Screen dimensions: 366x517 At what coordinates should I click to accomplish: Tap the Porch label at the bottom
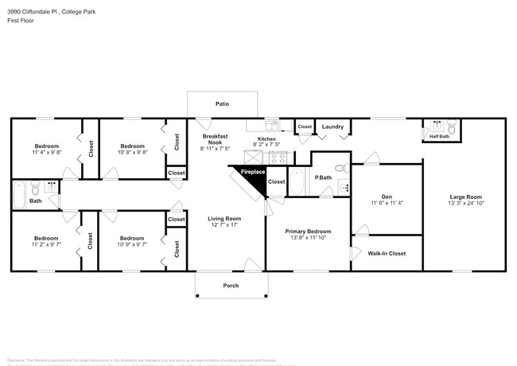point(231,285)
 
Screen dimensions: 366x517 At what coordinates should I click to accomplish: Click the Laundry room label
point(332,127)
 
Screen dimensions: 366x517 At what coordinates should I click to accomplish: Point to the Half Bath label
point(439,137)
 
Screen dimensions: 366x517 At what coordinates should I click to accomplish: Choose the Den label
point(387,197)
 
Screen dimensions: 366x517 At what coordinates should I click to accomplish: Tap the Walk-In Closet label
point(387,253)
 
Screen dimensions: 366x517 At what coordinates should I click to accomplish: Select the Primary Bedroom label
point(308,232)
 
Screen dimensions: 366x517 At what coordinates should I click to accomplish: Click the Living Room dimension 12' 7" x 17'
point(224,225)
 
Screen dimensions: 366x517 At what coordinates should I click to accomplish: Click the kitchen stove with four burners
point(278,157)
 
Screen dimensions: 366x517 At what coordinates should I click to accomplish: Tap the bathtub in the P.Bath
point(297,181)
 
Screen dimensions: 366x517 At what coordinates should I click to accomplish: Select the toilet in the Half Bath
point(451,127)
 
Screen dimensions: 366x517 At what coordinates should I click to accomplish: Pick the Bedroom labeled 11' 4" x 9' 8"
point(46,149)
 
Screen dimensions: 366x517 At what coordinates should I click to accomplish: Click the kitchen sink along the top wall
point(271,125)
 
